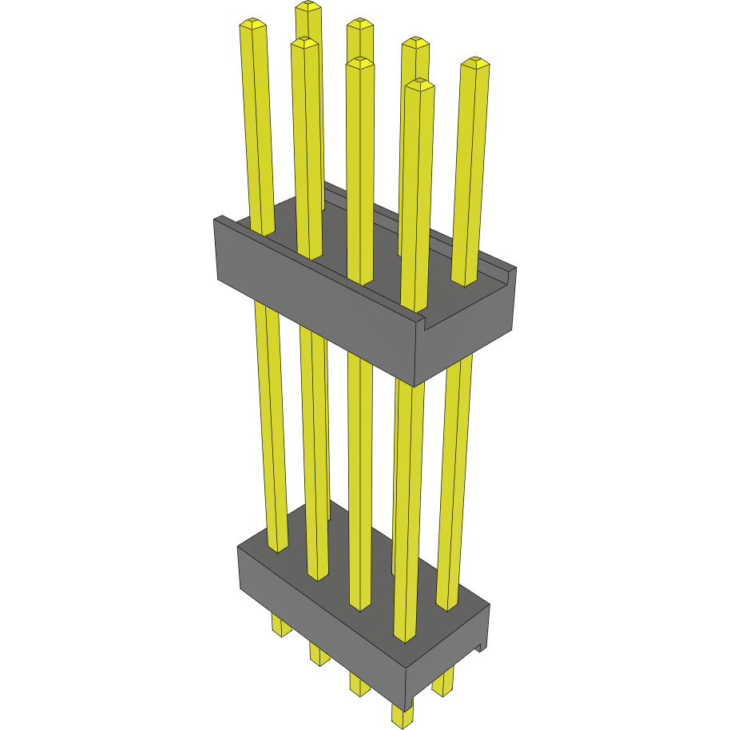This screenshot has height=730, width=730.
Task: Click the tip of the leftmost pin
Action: tap(252, 25)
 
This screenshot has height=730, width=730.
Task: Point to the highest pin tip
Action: tap(307, 6)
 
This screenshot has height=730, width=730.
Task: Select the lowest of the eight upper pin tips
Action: tap(419, 83)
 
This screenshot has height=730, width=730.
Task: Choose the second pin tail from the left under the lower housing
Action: tap(319, 654)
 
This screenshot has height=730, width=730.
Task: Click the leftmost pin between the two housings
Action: tap(270, 423)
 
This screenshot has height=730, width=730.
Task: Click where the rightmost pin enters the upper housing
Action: tap(465, 280)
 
